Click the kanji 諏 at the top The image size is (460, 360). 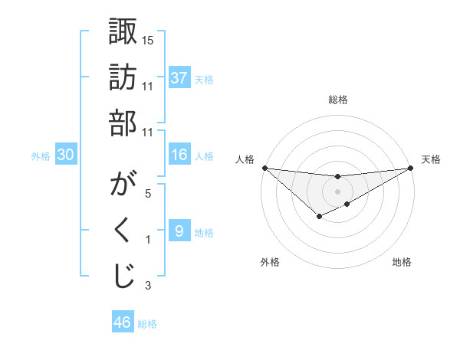coord(123,34)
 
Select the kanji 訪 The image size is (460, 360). coord(123,78)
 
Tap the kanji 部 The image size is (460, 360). coord(123,123)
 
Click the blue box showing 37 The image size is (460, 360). coord(179,78)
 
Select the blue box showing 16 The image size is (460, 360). coord(179,155)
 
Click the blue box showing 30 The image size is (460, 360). coord(66,155)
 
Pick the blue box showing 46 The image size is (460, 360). coord(123,322)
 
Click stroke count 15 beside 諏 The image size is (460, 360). coord(148,40)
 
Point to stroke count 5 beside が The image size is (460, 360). coord(148,195)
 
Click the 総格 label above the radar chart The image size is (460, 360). coord(338,100)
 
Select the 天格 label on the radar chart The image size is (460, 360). coord(431,159)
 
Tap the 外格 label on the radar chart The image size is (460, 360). coord(269,262)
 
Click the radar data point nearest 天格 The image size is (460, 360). coord(411,169)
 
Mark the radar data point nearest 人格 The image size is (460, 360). coord(264,168)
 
